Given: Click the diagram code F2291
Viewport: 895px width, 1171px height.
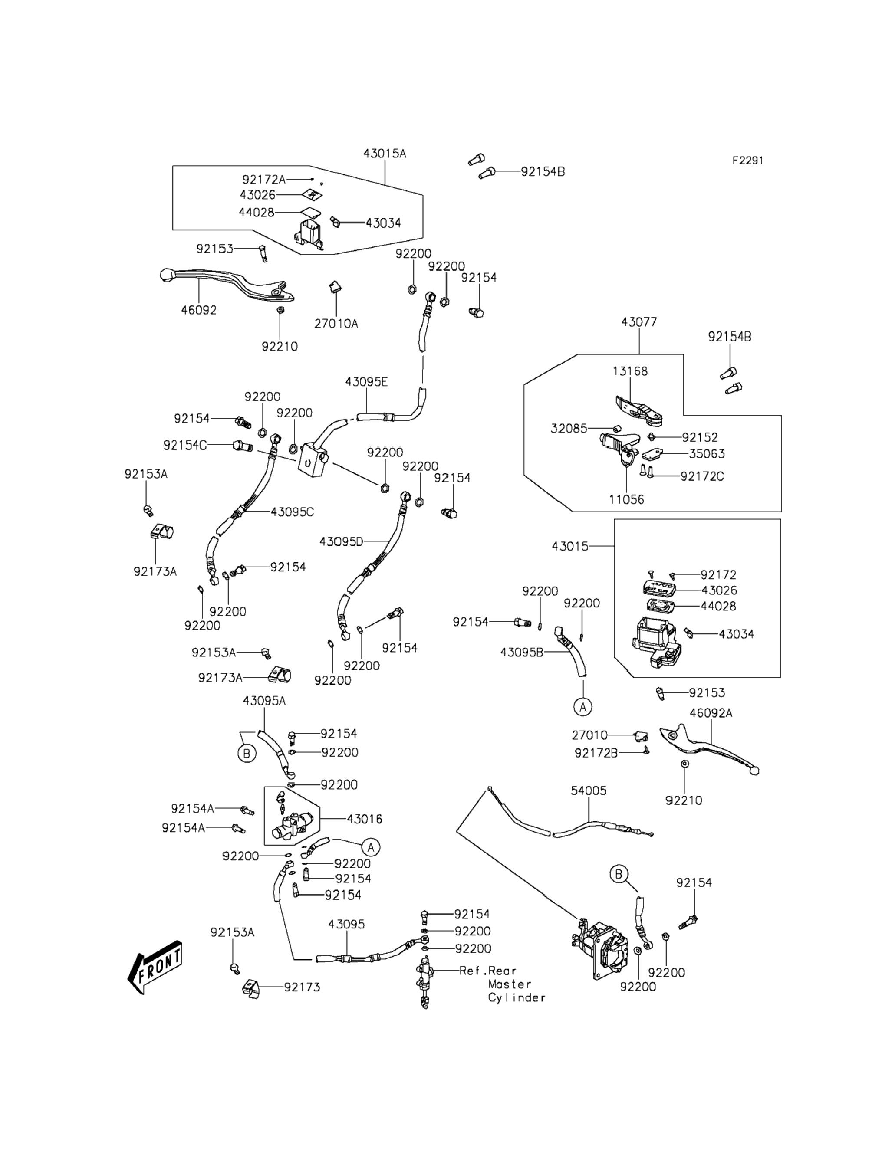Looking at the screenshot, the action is pos(747,160).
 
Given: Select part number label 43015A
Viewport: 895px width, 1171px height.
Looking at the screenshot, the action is pos(385,153).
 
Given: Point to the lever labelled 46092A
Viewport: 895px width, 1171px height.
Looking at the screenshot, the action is pos(708,748).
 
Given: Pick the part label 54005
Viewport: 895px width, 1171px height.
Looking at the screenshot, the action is pos(589,791).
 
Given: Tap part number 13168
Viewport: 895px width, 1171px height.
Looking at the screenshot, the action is pos(630,371).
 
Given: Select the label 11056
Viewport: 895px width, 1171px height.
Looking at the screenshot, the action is pos(626,499).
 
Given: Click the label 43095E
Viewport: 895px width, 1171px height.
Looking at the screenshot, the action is pos(366,382).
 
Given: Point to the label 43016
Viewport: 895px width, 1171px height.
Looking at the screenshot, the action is pos(365,819).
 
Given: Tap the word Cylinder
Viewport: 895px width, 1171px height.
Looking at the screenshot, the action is pos(517,997).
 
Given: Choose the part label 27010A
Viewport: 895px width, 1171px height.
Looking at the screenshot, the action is pos(336,323).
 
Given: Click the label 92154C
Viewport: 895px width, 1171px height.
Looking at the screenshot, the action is pos(185,445).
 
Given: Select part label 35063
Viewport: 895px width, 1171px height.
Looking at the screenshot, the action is pos(707,454).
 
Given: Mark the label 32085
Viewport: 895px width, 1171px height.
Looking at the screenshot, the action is pos(569,428).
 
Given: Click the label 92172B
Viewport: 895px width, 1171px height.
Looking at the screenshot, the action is pos(596,753).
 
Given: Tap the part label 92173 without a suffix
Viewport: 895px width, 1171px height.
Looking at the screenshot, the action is pos(302,987).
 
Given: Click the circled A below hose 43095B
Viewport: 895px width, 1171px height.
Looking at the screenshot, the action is pos(583,707).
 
